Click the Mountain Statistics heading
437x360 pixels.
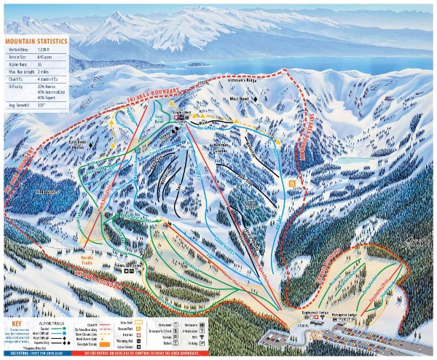coord(36,43)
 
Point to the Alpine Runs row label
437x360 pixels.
coord(18,65)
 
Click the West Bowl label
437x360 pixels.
coord(239,97)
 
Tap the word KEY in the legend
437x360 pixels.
coord(15,321)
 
